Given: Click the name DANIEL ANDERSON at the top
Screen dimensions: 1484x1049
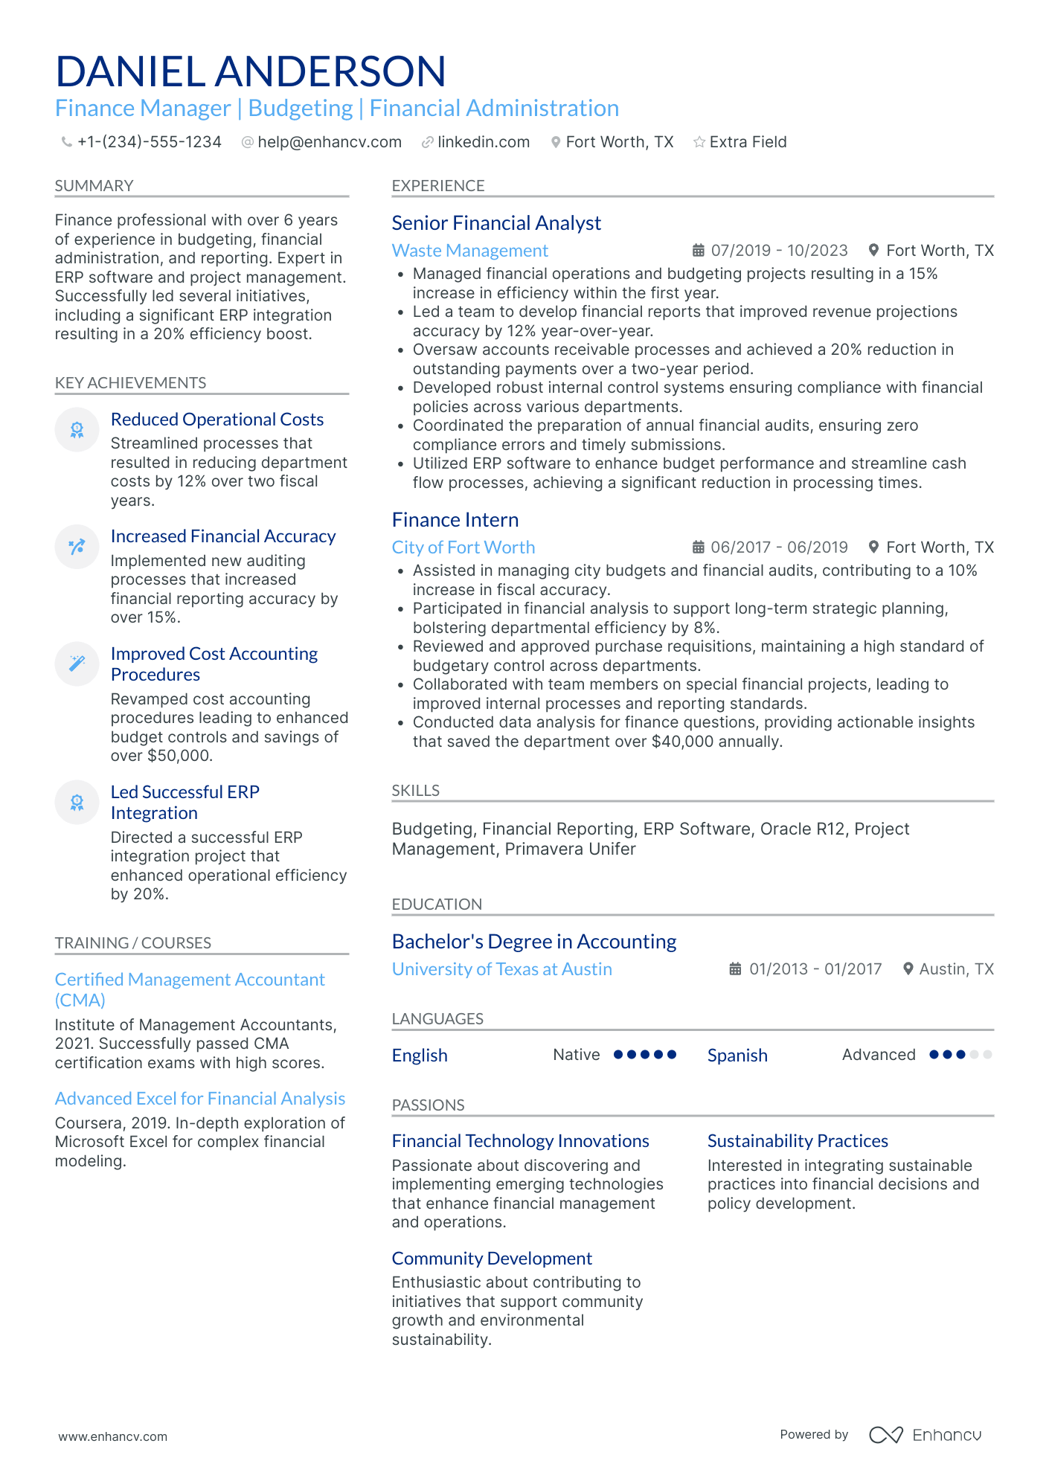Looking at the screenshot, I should pos(251,71).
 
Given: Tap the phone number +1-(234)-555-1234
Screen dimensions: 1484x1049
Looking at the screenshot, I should pos(149,142).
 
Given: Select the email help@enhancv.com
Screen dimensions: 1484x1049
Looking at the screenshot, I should pos(329,142).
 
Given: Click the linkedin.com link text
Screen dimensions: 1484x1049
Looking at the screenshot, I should pos(484,142).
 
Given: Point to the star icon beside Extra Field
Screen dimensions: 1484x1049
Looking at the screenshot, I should pos(699,142).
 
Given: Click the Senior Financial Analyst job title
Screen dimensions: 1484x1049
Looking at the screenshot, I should pos(496,223).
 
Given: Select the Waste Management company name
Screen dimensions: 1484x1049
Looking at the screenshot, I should pos(470,251).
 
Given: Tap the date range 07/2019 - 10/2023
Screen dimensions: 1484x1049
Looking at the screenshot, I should pos(779,251).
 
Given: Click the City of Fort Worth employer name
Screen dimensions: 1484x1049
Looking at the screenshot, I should pos(463,547).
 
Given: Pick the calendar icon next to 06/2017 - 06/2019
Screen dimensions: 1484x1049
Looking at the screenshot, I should pos(698,547).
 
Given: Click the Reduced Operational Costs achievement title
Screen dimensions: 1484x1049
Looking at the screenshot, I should pos(217,420).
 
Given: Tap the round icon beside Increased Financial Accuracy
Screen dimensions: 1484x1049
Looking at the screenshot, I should pos(77,547).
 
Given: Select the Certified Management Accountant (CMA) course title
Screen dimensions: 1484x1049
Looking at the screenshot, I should pos(190,989).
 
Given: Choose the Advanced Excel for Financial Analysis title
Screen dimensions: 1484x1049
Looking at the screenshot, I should pos(200,1099).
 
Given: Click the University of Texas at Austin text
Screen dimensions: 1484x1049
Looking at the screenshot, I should pos(502,969).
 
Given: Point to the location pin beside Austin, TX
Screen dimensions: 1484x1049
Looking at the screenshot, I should pos(908,969).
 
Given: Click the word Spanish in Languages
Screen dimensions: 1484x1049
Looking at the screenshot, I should pos(737,1056).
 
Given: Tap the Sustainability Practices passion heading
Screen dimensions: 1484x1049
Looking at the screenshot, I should pos(798,1141).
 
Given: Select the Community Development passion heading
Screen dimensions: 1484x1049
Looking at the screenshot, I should pos(492,1259).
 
